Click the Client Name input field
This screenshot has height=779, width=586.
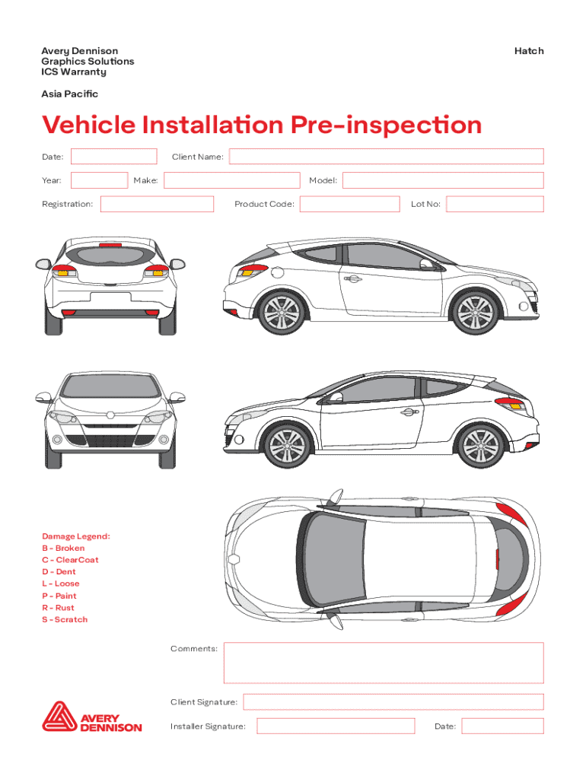click(387, 157)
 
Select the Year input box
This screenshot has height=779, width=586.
click(99, 180)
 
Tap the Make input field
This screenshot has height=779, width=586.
click(231, 180)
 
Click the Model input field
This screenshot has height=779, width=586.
click(443, 180)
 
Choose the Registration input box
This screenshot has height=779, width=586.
click(157, 204)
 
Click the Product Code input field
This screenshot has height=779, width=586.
click(349, 204)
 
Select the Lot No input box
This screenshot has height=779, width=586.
click(495, 204)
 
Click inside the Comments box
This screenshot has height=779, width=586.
click(384, 663)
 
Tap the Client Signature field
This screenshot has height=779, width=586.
click(393, 701)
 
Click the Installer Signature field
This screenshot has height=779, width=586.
click(336, 726)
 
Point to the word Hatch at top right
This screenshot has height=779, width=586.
click(529, 51)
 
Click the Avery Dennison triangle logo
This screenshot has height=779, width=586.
click(59, 717)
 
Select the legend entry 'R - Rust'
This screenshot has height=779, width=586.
click(58, 608)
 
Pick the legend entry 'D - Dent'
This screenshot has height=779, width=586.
click(59, 572)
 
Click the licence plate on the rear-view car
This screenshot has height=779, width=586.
click(110, 297)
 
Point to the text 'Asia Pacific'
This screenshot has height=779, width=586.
click(69, 94)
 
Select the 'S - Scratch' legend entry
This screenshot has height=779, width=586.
click(65, 620)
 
